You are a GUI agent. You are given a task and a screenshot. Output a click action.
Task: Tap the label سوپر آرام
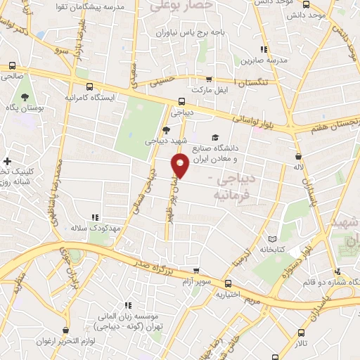tap(199, 281)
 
